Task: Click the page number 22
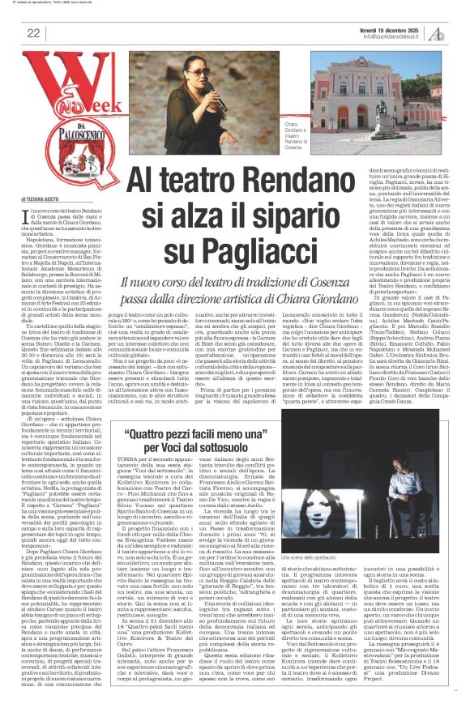point(33,32)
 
